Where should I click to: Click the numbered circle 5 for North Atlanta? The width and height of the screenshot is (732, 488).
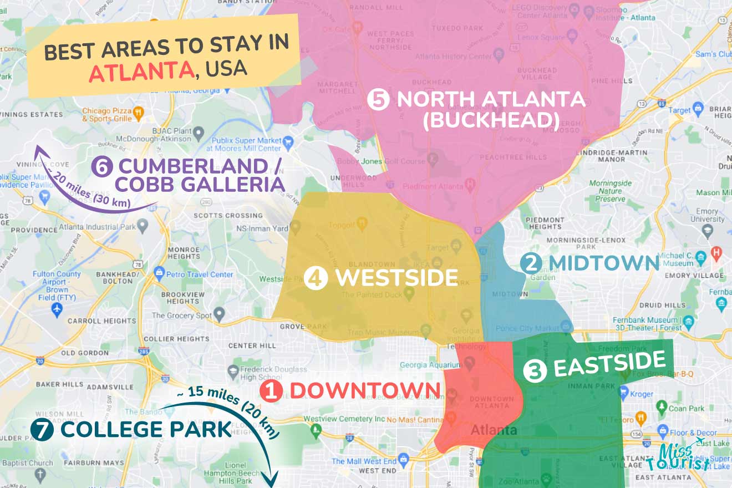(378, 101)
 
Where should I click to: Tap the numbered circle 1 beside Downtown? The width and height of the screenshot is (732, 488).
(271, 390)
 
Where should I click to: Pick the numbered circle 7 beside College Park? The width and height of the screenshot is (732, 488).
(42, 430)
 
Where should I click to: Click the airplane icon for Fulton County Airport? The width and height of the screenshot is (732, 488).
(57, 308)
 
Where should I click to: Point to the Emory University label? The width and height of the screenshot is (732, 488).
(706, 215)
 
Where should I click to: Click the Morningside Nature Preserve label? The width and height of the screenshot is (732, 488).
(610, 191)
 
